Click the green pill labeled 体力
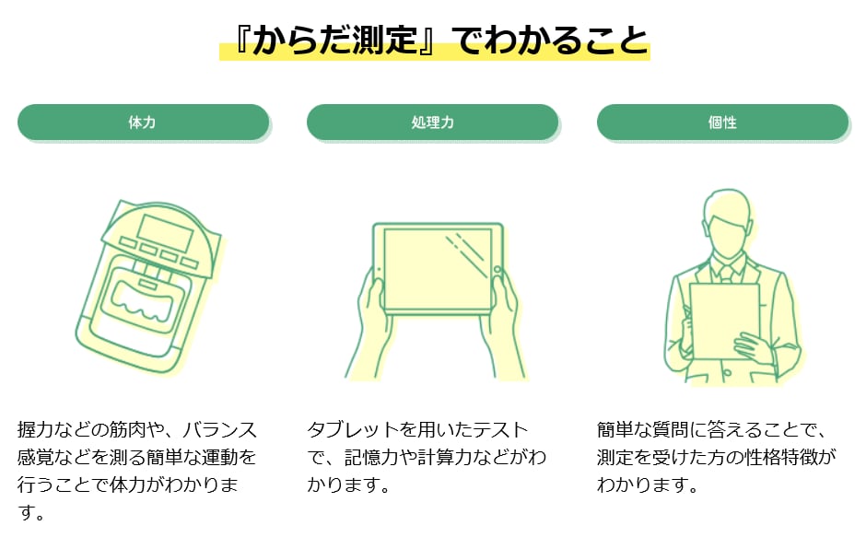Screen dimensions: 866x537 coord(143,123)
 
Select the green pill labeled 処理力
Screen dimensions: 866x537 coord(432,123)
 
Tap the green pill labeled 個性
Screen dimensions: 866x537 coord(722,123)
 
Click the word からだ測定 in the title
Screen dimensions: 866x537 coord(334,40)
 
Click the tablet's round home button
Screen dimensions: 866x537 coord(497,270)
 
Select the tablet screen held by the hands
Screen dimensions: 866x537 coord(438,269)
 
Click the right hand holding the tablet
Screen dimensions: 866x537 coord(503,326)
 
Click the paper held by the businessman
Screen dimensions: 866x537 coord(723,321)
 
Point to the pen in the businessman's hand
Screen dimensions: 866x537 coord(686,316)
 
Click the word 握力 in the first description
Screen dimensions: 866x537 coord(35,429)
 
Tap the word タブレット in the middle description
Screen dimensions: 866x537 coord(353,429)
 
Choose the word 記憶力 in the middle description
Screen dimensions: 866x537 coord(371,457)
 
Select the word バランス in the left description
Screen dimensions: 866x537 coord(220,429)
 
